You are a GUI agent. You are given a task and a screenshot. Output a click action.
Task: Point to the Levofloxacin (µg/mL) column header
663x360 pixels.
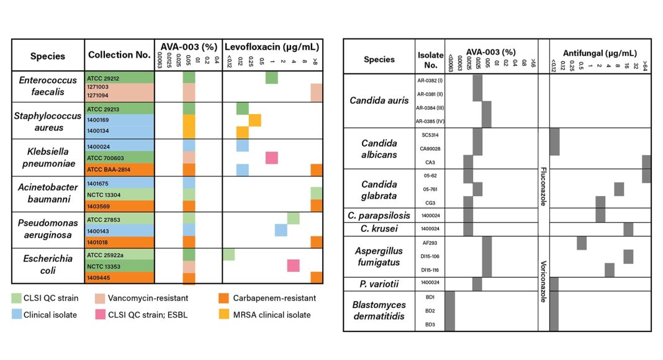click(272, 47)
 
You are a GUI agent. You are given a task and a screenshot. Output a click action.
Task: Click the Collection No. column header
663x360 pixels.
click(119, 55)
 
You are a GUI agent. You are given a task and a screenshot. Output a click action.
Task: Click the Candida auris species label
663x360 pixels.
click(379, 100)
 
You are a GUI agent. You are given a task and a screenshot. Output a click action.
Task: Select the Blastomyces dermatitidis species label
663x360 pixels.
click(379, 311)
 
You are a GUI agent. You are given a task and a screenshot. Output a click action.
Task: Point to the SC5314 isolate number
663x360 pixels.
click(430, 135)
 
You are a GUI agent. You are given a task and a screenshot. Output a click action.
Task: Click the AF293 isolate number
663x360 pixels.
click(430, 244)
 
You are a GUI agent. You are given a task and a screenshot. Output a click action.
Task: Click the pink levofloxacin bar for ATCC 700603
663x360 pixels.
click(271, 158)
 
